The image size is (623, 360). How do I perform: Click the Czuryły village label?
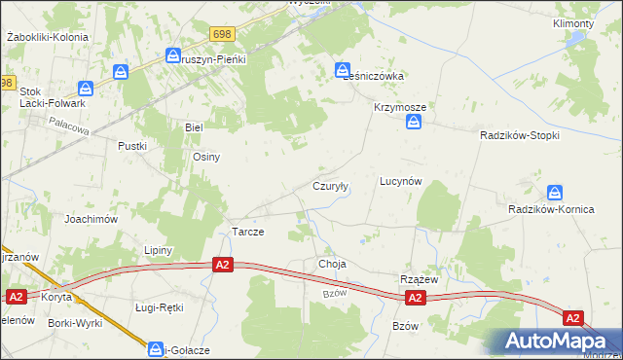click(330, 185)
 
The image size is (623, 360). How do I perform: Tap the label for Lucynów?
click(400, 181)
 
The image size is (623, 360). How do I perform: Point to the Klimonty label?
click(573, 23)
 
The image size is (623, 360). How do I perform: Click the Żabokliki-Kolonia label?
click(47, 37)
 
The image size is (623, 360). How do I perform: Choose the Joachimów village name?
click(92, 219)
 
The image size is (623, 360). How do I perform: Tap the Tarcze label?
click(247, 232)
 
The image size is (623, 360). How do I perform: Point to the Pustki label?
click(131, 146)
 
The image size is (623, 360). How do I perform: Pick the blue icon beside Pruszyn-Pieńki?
click(173, 57)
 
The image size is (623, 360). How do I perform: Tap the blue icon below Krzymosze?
click(415, 123)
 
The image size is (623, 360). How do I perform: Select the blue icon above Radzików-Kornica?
click(555, 193)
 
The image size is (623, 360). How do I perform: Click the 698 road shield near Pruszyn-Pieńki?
click(221, 34)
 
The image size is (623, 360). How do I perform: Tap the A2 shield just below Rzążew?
click(415, 298)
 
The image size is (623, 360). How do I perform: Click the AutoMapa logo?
click(558, 341)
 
